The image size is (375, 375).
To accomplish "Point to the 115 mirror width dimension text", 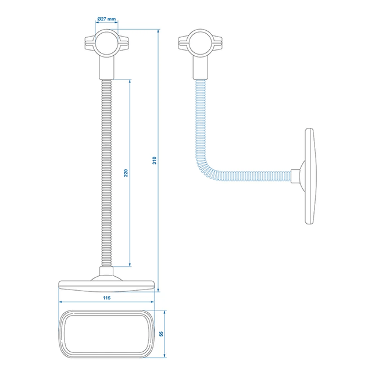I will tap(106, 298).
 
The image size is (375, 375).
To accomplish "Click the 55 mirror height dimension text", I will tap(163, 335).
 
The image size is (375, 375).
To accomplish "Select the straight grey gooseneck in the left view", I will tap(106, 174).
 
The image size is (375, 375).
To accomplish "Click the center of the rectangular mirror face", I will tap(106, 335).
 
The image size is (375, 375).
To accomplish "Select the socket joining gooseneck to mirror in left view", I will tap(106, 273).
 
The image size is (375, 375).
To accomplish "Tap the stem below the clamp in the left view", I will tap(106, 69).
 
